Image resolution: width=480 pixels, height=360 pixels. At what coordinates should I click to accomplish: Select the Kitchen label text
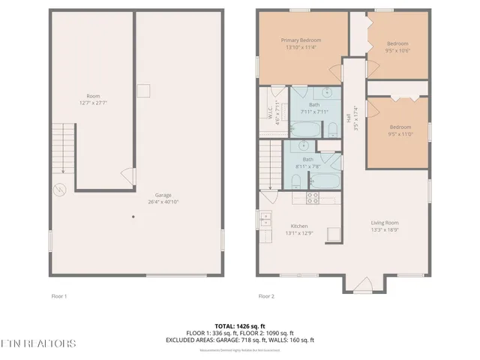(299, 226)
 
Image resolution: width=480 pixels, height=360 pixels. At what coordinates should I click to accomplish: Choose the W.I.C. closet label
(269, 111)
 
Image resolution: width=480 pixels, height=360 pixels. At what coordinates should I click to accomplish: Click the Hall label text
(349, 118)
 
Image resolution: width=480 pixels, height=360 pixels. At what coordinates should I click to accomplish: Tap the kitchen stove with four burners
(313, 198)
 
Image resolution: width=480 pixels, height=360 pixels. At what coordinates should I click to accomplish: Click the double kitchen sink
(265, 219)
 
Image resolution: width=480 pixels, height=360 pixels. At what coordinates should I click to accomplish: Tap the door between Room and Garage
(128, 178)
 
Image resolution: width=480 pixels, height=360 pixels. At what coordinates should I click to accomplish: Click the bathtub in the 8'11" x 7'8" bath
(323, 181)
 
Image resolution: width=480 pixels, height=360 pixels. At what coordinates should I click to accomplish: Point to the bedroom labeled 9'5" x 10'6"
(397, 46)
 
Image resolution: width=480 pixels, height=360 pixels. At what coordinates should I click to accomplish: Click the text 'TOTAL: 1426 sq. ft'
(239, 326)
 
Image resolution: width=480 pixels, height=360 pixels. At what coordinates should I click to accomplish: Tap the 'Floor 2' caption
(266, 296)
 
